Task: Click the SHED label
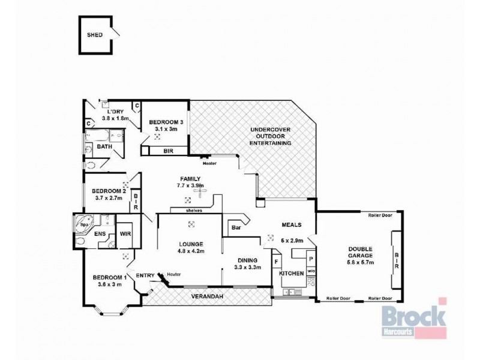pyautogui.click(x=95, y=35)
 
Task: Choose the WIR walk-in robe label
pyautogui.click(x=125, y=234)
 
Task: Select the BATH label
pyautogui.click(x=105, y=146)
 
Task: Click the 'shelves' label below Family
pyautogui.click(x=193, y=211)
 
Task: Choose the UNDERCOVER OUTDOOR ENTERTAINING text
pyautogui.click(x=271, y=136)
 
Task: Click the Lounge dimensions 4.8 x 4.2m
pyautogui.click(x=190, y=251)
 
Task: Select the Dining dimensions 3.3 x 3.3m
pyautogui.click(x=247, y=268)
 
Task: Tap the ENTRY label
pyautogui.click(x=145, y=275)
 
